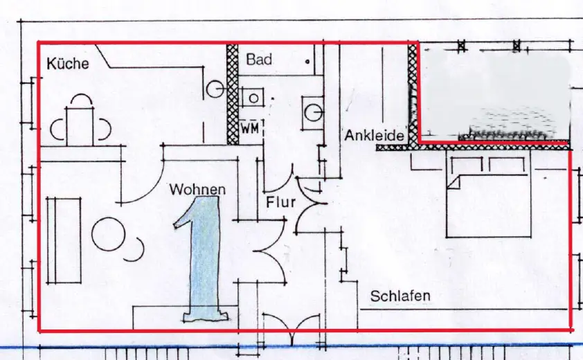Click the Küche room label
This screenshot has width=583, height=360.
pos(68,64)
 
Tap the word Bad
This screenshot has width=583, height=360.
pos(259,60)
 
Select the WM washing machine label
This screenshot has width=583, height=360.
pos(249,129)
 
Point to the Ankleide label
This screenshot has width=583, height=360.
pos(374,136)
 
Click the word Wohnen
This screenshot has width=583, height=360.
pos(197,189)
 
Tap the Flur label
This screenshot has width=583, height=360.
pos(280,202)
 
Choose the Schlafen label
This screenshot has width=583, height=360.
pos(400,296)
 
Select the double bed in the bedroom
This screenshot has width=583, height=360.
pos(489,197)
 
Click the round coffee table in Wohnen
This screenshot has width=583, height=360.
pos(108,234)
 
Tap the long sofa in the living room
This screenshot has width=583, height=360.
pos(64,240)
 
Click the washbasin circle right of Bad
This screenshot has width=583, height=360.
pos(313,113)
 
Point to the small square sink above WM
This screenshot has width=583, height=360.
pos(253,98)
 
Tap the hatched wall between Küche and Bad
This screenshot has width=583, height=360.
pos(233,94)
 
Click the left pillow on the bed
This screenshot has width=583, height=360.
pos(467,165)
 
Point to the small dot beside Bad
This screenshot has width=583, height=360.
pos(307,62)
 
